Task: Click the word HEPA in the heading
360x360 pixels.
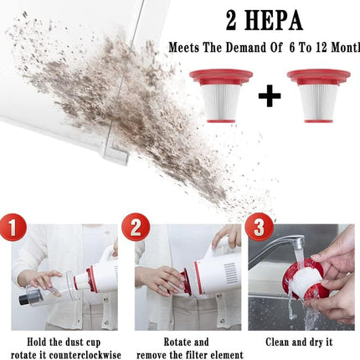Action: tap(274, 21)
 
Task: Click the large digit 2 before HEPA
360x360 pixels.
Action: tap(231, 21)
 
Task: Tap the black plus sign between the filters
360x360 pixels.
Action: tap(270, 95)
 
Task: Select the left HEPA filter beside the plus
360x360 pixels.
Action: tap(221, 95)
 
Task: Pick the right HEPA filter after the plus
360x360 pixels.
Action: tap(318, 95)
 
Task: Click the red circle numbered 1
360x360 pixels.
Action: tap(13, 226)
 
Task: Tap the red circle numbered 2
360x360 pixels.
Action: tap(136, 227)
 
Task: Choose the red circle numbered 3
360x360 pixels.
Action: tap(260, 227)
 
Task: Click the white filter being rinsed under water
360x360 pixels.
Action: tap(305, 279)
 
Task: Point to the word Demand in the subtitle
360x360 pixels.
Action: tap(245, 48)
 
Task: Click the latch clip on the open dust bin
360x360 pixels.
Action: tap(116, 152)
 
